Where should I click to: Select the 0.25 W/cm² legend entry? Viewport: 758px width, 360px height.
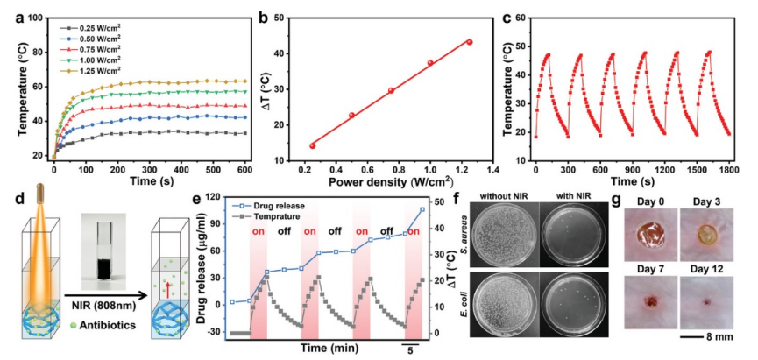[x=92, y=28]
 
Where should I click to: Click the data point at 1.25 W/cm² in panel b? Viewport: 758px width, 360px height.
[x=469, y=42]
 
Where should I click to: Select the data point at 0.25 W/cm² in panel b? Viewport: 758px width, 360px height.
[x=313, y=145]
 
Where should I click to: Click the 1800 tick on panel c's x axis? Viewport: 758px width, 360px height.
[x=728, y=171]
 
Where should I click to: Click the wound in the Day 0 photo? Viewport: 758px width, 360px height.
[x=648, y=236]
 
